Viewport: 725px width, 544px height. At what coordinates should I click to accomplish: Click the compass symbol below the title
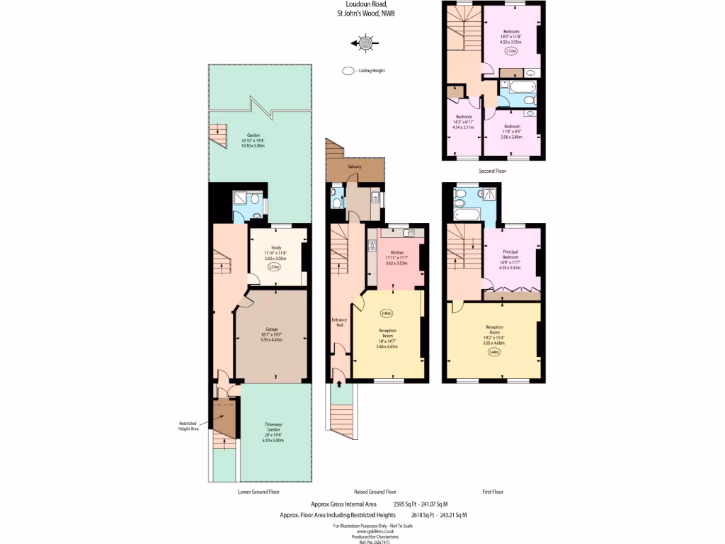point(365,44)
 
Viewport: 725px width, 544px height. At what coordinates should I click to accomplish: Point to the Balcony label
point(355,166)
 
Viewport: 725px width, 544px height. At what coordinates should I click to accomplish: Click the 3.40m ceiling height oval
point(386,314)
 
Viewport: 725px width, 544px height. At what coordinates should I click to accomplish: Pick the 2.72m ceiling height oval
point(510,51)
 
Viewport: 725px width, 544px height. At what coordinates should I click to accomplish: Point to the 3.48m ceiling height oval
point(493,352)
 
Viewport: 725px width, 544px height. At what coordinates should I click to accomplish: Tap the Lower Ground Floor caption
point(258,491)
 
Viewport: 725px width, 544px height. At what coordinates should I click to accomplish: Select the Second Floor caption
point(493,171)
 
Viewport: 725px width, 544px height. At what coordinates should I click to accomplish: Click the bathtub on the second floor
point(516,88)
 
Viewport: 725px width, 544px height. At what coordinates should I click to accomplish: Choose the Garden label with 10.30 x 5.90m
point(253,140)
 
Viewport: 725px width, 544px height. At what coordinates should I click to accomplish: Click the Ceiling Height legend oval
point(348,71)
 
